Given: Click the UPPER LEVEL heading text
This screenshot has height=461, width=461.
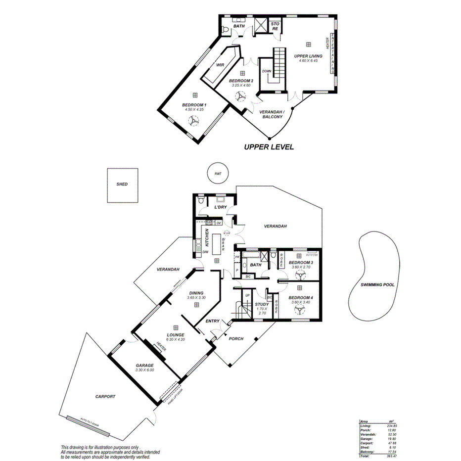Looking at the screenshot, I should click(270, 147).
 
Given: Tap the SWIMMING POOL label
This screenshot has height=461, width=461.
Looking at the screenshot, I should click(377, 285).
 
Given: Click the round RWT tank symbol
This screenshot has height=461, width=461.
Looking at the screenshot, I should click(218, 174).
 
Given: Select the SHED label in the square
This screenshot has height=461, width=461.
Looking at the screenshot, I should click(122, 184).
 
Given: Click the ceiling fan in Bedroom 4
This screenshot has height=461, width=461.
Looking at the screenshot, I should click(299, 310).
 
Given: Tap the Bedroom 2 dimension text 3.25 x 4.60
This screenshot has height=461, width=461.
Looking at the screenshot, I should click(241, 85).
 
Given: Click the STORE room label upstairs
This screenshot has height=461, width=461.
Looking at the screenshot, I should click(275, 26).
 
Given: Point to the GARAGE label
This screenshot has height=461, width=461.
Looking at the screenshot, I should click(145, 366).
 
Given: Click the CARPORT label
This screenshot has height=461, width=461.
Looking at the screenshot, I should click(105, 397).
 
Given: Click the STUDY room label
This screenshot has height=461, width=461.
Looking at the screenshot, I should click(262, 305).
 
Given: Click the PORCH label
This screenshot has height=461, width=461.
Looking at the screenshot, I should click(236, 338).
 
